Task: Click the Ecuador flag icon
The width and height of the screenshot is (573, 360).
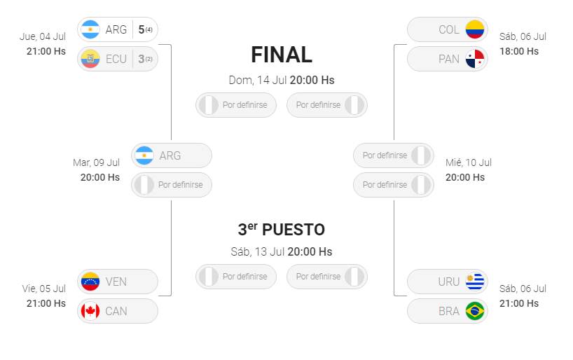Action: coord(90,59)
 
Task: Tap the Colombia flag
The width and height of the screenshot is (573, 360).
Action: coord(475,29)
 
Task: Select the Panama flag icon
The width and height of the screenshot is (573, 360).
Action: coord(475,59)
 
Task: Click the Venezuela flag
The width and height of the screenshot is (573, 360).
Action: coord(90,282)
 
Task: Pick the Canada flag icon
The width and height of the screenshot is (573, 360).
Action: coord(90,311)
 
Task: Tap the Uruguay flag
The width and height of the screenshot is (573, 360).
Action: coord(475,282)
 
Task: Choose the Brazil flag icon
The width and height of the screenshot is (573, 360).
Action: coord(475,311)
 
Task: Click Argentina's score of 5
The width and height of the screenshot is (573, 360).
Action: coord(141,29)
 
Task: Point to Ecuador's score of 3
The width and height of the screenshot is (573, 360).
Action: coord(141,59)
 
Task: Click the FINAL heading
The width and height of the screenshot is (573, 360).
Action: coord(282,55)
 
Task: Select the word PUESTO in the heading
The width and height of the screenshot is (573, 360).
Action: coord(294,230)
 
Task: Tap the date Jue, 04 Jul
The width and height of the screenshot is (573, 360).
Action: coord(43,36)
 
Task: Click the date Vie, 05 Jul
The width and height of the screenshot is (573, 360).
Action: coord(44,289)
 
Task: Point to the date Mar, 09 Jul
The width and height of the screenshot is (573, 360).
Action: coord(96,162)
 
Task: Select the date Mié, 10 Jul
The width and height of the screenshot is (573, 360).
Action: coord(469,162)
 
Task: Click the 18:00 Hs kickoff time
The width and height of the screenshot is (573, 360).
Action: coord(519,51)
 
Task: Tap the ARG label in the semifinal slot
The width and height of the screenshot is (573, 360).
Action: coord(170,155)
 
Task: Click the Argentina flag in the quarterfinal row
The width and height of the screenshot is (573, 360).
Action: coord(90,29)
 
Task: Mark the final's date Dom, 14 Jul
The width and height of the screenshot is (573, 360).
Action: coord(258,80)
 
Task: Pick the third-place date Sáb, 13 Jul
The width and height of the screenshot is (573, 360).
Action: coord(258,252)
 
